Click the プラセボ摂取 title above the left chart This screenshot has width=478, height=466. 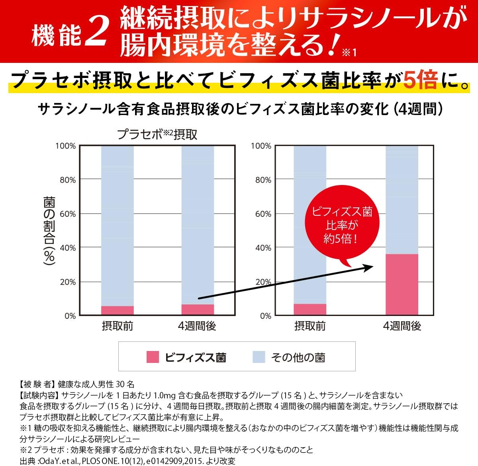(x=157, y=134)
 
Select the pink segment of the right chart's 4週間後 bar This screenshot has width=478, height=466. (x=402, y=284)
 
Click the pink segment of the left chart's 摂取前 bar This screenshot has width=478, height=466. (x=118, y=310)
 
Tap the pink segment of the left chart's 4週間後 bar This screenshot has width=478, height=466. (x=198, y=310)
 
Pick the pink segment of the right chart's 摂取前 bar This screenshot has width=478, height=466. (x=310, y=309)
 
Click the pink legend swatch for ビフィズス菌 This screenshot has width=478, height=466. (x=153, y=357)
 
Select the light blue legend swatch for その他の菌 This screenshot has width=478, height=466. (x=259, y=357)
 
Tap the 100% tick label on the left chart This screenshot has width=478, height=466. (x=66, y=146)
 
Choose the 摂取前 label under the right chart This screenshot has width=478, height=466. (x=310, y=326)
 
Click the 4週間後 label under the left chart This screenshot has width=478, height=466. (x=197, y=326)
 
